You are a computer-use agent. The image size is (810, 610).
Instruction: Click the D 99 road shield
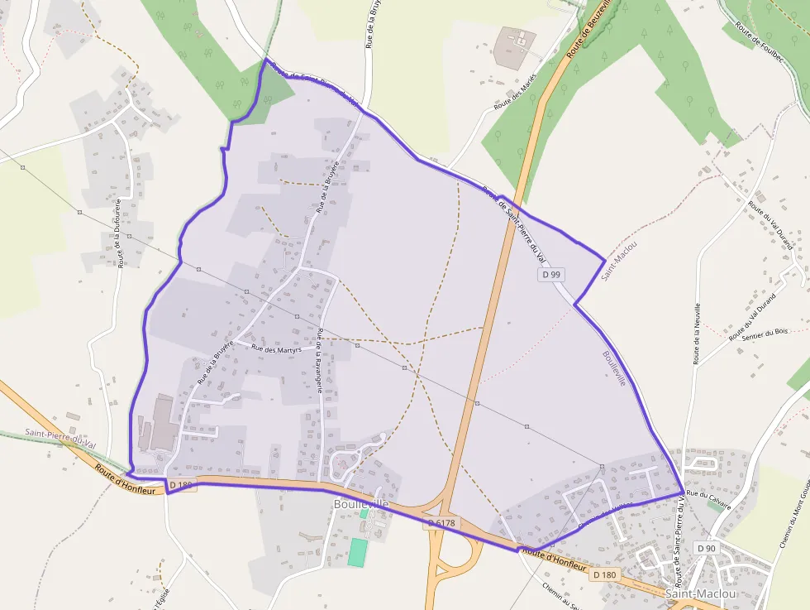[551, 273]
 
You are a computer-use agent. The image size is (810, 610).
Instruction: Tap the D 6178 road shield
[441, 523]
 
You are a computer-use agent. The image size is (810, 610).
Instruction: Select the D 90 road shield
[706, 548]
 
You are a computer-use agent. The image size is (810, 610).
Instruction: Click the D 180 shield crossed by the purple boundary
[182, 484]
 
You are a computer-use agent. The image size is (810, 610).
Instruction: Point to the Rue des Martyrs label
[275, 349]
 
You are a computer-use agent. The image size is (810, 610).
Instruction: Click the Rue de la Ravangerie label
[320, 361]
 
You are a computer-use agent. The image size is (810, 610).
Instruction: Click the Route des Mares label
[515, 92]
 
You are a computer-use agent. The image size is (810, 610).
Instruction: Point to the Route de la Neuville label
[697, 332]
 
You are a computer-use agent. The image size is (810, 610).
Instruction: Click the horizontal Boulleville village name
[361, 503]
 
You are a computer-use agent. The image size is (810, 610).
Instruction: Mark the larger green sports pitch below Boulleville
[356, 552]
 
